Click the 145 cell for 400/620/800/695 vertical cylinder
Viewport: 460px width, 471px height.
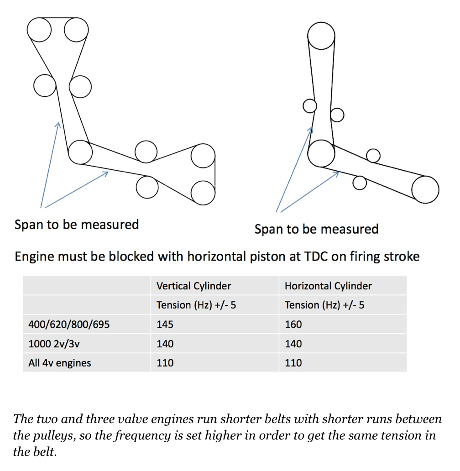point(165,324)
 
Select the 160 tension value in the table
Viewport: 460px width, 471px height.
point(293,324)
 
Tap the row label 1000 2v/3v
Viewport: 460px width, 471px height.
point(54,344)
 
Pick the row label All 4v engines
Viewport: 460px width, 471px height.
point(60,363)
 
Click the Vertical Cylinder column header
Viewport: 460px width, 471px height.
point(193,286)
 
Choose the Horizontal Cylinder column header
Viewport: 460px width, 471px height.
point(328,286)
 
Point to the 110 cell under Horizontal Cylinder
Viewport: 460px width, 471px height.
point(293,363)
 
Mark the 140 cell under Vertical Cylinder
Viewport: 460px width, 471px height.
point(165,344)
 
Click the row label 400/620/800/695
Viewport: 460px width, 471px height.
point(69,324)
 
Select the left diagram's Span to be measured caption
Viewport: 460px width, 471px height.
point(77,225)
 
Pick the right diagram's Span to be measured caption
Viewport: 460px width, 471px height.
point(316,229)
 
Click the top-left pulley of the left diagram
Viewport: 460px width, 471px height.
point(39,30)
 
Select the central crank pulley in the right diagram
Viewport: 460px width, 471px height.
point(321,153)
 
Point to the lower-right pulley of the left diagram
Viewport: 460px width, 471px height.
point(203,192)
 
